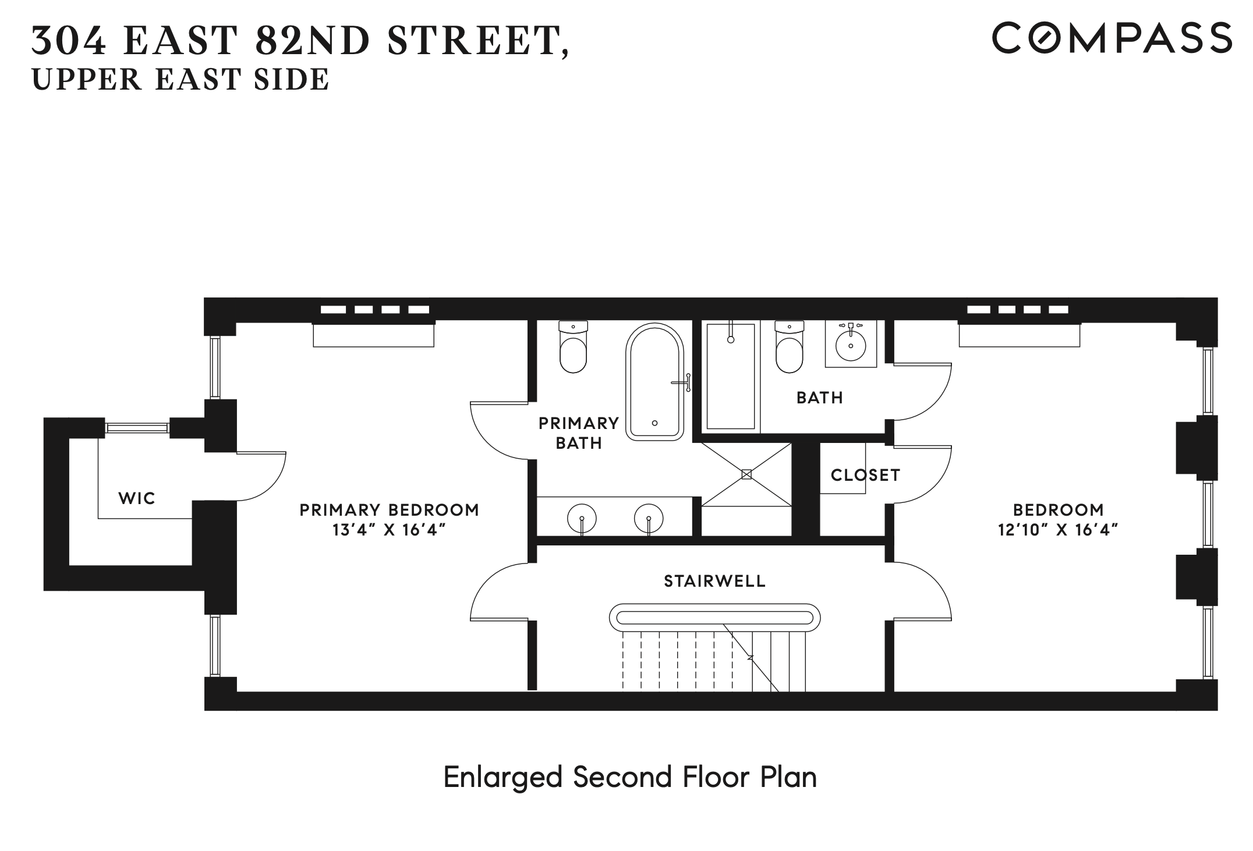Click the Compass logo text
pyautogui.click(x=1112, y=38)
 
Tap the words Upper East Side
pyautogui.click(x=180, y=80)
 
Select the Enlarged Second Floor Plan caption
pyautogui.click(x=630, y=777)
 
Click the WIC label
pyautogui.click(x=137, y=498)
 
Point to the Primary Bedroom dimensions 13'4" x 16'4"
pyautogui.click(x=389, y=530)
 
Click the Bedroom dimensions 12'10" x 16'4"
pyautogui.click(x=1058, y=530)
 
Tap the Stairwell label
pyautogui.click(x=714, y=581)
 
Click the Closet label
pyautogui.click(x=865, y=475)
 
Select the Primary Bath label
pyautogui.click(x=578, y=432)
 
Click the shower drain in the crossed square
pyautogui.click(x=746, y=475)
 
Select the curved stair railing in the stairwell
pyautogui.click(x=714, y=616)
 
